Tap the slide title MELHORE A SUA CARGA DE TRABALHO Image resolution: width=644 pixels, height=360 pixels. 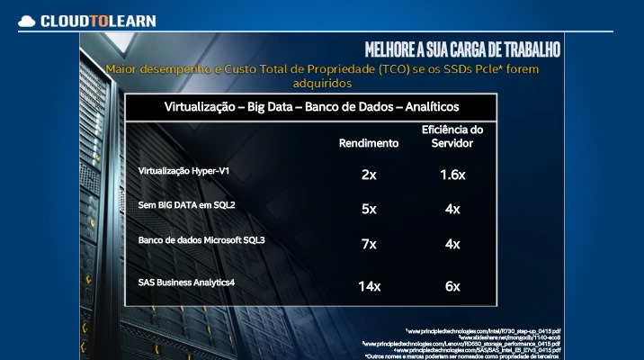coord(463,47)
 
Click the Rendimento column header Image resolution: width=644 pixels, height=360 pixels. coord(368,143)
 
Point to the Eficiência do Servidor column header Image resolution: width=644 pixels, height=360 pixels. coord(452,137)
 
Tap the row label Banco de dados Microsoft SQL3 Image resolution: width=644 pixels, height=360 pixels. coord(201,241)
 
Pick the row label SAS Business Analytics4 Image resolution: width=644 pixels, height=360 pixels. coord(187,282)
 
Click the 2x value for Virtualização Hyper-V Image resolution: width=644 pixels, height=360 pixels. coord(368,174)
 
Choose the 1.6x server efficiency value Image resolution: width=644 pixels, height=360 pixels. coord(452,174)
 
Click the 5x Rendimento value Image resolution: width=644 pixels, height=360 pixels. coord(368,209)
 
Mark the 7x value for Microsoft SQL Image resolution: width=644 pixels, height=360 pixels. coord(368,244)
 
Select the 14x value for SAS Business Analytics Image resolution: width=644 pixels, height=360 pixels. coord(368,286)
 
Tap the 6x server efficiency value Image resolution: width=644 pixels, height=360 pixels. coord(452,286)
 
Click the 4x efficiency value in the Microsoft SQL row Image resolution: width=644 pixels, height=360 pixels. coord(452,244)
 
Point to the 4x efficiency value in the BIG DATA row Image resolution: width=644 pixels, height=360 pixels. coord(452,209)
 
